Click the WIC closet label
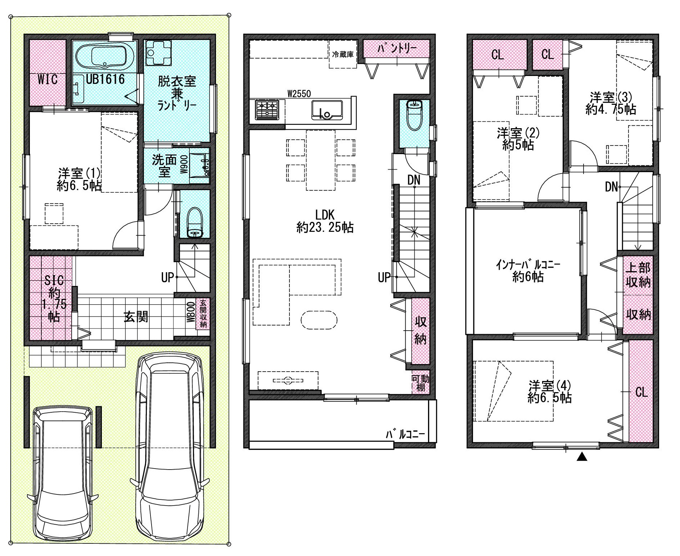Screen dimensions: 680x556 click(x=48, y=79)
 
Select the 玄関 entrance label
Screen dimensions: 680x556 click(x=136, y=317)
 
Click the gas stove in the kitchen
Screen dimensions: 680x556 click(x=267, y=109)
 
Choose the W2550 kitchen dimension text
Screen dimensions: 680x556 click(x=299, y=94)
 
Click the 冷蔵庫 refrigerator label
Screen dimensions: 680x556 click(x=343, y=55)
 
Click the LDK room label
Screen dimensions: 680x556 click(x=325, y=215)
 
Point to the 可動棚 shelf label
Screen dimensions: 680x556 click(x=420, y=383)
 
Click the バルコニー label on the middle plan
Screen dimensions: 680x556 click(x=405, y=435)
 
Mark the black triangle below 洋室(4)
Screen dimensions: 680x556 click(x=582, y=457)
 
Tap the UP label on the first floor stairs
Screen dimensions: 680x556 click(x=167, y=277)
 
